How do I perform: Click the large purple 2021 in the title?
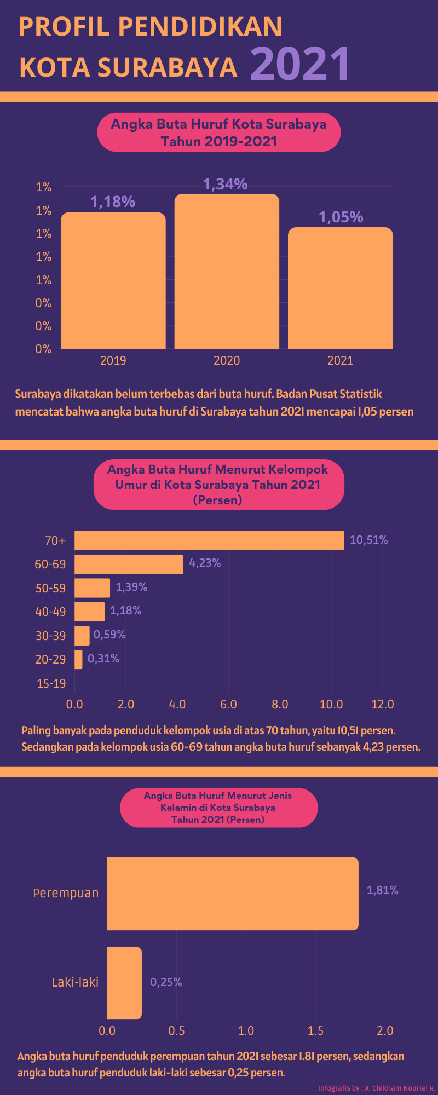[x=300, y=64]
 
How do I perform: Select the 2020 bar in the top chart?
[x=227, y=271]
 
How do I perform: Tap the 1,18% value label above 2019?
[x=113, y=202]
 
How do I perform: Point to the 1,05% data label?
[x=341, y=217]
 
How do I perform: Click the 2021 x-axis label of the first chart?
[x=340, y=360]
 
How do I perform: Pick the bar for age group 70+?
[x=209, y=540]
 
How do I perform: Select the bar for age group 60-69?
[x=129, y=564]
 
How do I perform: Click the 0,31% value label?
[x=103, y=659]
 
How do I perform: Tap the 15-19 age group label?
[x=51, y=683]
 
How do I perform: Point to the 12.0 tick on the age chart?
[x=382, y=704]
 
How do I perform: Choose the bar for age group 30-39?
[x=82, y=636]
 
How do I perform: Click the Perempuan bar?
[x=233, y=894]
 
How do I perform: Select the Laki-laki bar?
[x=124, y=983]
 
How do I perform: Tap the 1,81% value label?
[x=382, y=890]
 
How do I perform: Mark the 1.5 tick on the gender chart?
[x=315, y=1031]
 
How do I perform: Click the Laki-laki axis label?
[x=76, y=982]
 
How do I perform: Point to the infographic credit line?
[x=376, y=1088]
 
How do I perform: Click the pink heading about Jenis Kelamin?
[x=218, y=808]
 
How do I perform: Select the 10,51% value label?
[x=368, y=540]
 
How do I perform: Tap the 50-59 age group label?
[x=50, y=588]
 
